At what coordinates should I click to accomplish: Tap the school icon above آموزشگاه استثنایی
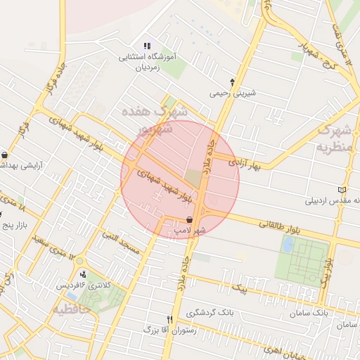(x=147, y=46)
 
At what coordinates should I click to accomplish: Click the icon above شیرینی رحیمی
(x=232, y=82)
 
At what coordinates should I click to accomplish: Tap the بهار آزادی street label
(x=244, y=163)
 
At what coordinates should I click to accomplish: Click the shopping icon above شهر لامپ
(x=190, y=219)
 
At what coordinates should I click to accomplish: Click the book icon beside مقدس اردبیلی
(x=342, y=190)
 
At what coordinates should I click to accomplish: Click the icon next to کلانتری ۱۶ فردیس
(x=84, y=274)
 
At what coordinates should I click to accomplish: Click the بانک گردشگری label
(x=210, y=311)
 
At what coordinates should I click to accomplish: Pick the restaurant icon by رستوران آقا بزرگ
(x=169, y=319)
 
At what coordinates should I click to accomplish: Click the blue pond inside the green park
(x=288, y=245)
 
